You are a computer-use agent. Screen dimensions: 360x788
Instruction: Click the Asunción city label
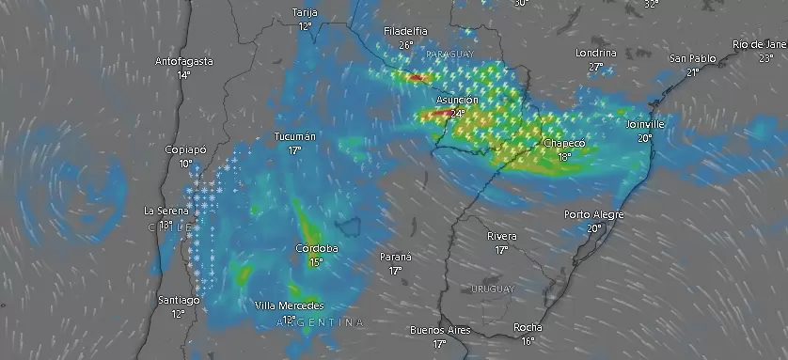click(x=457, y=100)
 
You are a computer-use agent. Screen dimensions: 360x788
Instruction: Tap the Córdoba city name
click(x=316, y=249)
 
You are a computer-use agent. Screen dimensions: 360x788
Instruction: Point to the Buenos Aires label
click(x=439, y=331)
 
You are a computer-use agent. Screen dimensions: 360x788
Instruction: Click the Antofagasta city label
click(x=183, y=62)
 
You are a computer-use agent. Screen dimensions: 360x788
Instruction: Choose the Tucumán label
click(x=294, y=137)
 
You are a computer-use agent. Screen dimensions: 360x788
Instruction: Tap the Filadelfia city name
click(x=405, y=32)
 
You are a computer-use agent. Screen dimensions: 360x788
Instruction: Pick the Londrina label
click(x=595, y=54)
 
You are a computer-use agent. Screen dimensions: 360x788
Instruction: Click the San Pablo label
click(x=692, y=58)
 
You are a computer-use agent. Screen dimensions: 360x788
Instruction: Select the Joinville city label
click(x=645, y=124)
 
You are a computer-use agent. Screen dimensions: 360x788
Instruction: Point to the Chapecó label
click(x=564, y=144)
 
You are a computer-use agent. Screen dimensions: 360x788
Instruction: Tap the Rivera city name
click(x=501, y=236)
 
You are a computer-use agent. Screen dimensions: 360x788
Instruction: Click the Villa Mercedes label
click(x=290, y=306)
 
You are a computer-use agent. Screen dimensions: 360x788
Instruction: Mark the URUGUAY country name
click(x=493, y=288)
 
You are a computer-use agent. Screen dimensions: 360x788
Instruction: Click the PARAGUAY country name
click(x=450, y=55)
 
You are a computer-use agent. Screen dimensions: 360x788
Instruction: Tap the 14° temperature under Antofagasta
click(x=183, y=74)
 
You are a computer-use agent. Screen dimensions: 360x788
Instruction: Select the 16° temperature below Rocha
click(x=528, y=340)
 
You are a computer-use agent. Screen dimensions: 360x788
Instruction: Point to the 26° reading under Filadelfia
click(x=405, y=44)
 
